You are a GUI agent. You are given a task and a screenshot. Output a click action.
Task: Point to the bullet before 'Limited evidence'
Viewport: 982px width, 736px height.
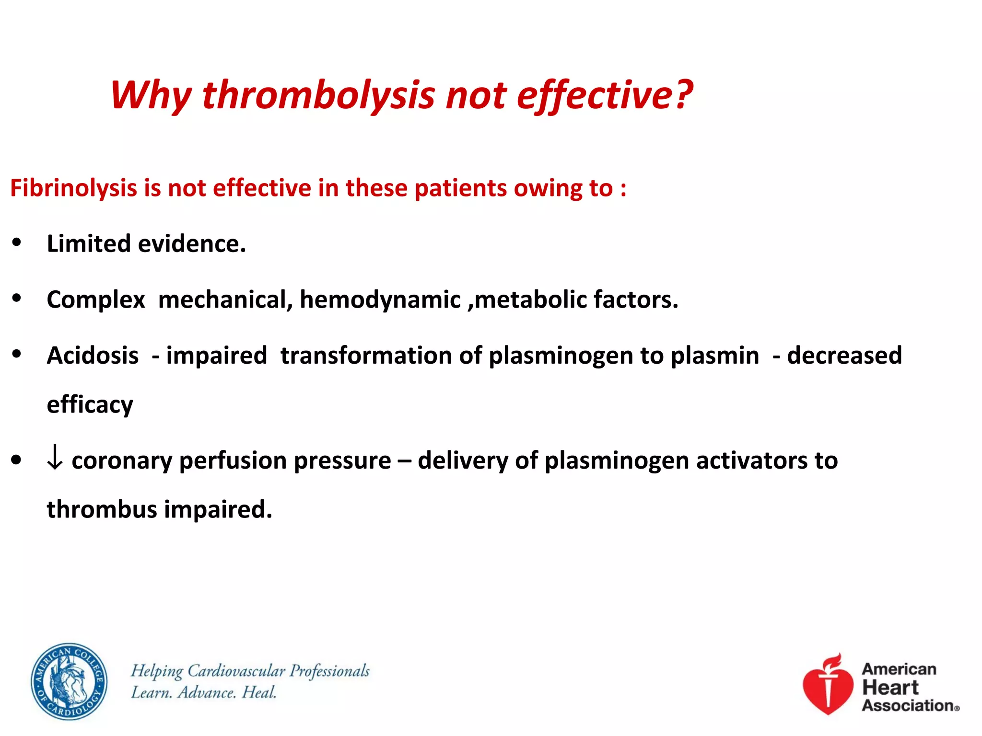click(x=17, y=242)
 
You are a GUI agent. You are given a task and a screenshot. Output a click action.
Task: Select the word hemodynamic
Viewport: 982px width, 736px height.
click(x=380, y=300)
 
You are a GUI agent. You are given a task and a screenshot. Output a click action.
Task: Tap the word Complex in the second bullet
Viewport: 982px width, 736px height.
click(x=95, y=300)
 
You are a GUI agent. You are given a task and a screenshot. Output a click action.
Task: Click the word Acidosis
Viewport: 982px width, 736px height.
click(x=93, y=356)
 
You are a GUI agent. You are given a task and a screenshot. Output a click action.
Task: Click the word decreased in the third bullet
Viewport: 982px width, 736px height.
click(x=844, y=356)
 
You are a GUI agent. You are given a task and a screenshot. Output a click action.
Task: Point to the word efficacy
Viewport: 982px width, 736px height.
click(x=90, y=405)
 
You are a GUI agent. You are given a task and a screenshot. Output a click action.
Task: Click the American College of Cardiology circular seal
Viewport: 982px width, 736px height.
click(x=69, y=681)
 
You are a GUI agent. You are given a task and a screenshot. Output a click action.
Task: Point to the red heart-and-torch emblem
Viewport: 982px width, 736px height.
click(x=828, y=685)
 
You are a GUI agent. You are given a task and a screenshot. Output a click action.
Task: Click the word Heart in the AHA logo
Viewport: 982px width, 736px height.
click(x=890, y=688)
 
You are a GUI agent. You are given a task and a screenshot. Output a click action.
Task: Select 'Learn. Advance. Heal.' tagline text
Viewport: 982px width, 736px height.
click(x=204, y=693)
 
